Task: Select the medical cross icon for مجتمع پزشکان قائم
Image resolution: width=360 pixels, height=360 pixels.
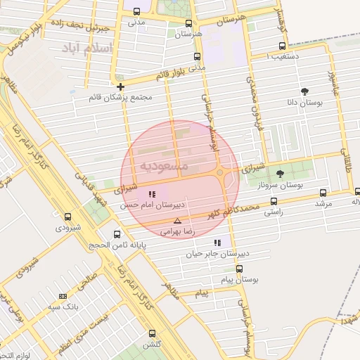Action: click(121, 87)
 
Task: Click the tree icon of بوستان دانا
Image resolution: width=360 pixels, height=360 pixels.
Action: click(304, 91)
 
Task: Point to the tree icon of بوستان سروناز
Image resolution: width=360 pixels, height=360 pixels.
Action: click(280, 174)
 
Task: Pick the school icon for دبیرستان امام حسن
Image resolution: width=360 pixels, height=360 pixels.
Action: click(152, 194)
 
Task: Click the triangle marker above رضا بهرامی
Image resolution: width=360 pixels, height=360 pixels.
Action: click(177, 221)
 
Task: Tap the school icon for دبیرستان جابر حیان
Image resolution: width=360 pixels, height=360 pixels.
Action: click(217, 243)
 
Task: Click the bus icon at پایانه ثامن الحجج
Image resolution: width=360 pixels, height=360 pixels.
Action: click(117, 234)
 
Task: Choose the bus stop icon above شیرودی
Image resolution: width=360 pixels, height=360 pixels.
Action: click(67, 217)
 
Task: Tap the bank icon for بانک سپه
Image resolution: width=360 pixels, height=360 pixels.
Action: click(63, 297)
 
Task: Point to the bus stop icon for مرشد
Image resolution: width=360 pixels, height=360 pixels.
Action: click(323, 193)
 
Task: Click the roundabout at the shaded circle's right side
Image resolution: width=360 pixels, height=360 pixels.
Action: click(220, 172)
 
